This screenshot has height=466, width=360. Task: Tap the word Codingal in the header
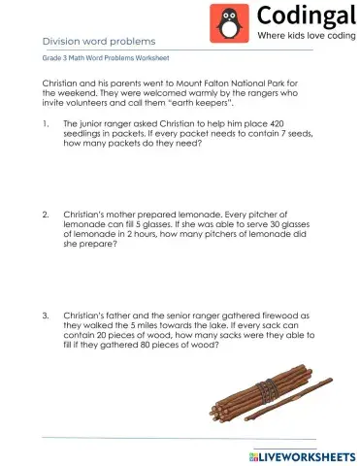(301, 16)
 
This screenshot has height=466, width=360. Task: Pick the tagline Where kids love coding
(303, 36)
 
